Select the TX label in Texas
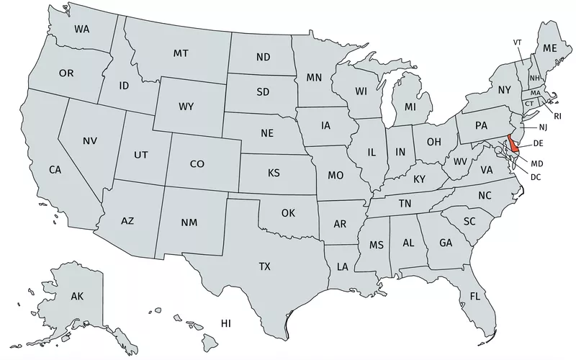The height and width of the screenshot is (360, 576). (x=265, y=266)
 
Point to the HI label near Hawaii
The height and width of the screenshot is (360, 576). (x=226, y=323)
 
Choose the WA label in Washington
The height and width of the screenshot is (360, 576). (x=83, y=30)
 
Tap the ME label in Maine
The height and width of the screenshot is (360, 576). (x=550, y=48)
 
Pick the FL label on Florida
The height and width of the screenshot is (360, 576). (x=475, y=296)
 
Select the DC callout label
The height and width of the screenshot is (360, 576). (x=536, y=176)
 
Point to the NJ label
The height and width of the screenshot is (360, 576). (x=542, y=127)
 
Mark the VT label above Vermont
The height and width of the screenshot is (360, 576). (x=517, y=42)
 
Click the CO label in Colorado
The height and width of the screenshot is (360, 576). (x=197, y=164)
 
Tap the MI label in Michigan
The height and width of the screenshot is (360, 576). (x=410, y=107)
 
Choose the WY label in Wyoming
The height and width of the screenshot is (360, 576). (x=186, y=107)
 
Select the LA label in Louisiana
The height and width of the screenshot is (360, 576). (x=342, y=267)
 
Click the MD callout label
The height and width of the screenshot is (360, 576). (x=536, y=163)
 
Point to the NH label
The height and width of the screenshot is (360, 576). (x=535, y=78)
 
